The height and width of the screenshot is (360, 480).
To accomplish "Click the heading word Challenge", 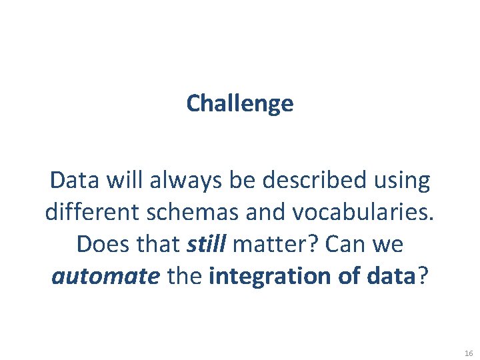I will pos(240,103).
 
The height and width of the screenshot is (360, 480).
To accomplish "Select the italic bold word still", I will pos(206,244).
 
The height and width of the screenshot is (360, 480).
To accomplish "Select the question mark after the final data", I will pos(421,276).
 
